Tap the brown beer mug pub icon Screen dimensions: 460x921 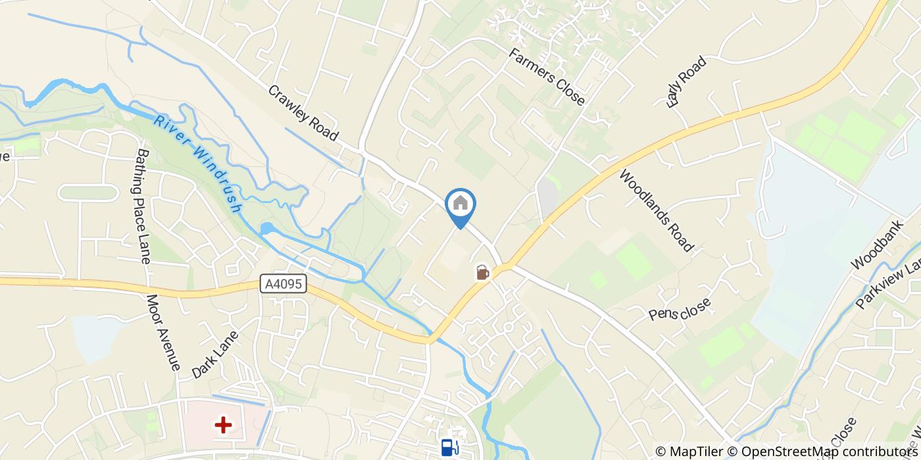click(x=482, y=272)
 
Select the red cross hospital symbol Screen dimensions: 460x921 click(x=224, y=425)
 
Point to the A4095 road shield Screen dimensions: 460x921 click(x=283, y=284)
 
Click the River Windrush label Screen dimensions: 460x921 click(x=197, y=164)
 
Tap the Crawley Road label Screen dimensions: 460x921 click(x=303, y=113)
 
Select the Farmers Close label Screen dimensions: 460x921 click(x=547, y=76)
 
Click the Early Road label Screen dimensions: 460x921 click(x=685, y=81)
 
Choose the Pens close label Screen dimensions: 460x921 click(x=680, y=310)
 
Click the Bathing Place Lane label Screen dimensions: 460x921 click(x=143, y=204)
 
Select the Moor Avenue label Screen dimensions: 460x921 click(x=162, y=332)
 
